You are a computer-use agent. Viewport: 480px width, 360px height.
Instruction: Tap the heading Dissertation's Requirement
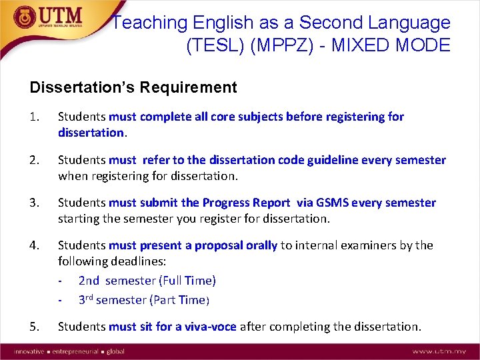(x=133, y=87)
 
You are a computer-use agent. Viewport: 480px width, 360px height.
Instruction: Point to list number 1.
(x=35, y=117)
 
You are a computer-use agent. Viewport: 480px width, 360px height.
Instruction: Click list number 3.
(x=35, y=203)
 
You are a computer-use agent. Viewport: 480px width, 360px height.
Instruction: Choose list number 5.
(x=35, y=327)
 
